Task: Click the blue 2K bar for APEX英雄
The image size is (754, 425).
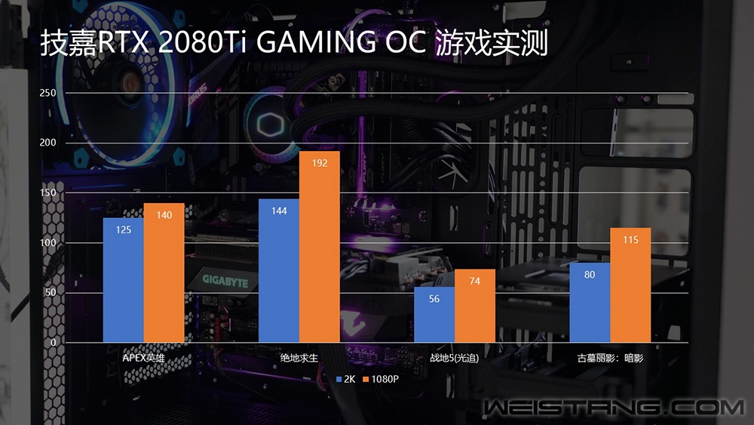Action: click(x=124, y=279)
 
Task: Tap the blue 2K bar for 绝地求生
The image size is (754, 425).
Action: click(x=279, y=270)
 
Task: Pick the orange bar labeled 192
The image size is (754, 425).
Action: click(x=320, y=247)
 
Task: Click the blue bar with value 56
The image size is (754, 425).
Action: click(x=434, y=315)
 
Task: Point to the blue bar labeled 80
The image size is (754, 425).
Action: click(x=590, y=302)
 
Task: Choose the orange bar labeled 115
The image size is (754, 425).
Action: click(x=630, y=285)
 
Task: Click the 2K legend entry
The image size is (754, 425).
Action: click(x=346, y=378)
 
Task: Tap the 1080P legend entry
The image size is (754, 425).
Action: click(x=381, y=378)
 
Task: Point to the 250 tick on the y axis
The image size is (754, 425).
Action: click(x=48, y=93)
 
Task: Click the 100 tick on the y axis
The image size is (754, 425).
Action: click(x=48, y=243)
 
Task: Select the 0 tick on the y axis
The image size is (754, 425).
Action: click(x=54, y=343)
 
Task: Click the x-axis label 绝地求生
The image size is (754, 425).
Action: click(x=299, y=358)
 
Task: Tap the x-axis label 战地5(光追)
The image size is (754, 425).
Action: click(x=455, y=358)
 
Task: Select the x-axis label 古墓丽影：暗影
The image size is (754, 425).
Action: click(x=610, y=358)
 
